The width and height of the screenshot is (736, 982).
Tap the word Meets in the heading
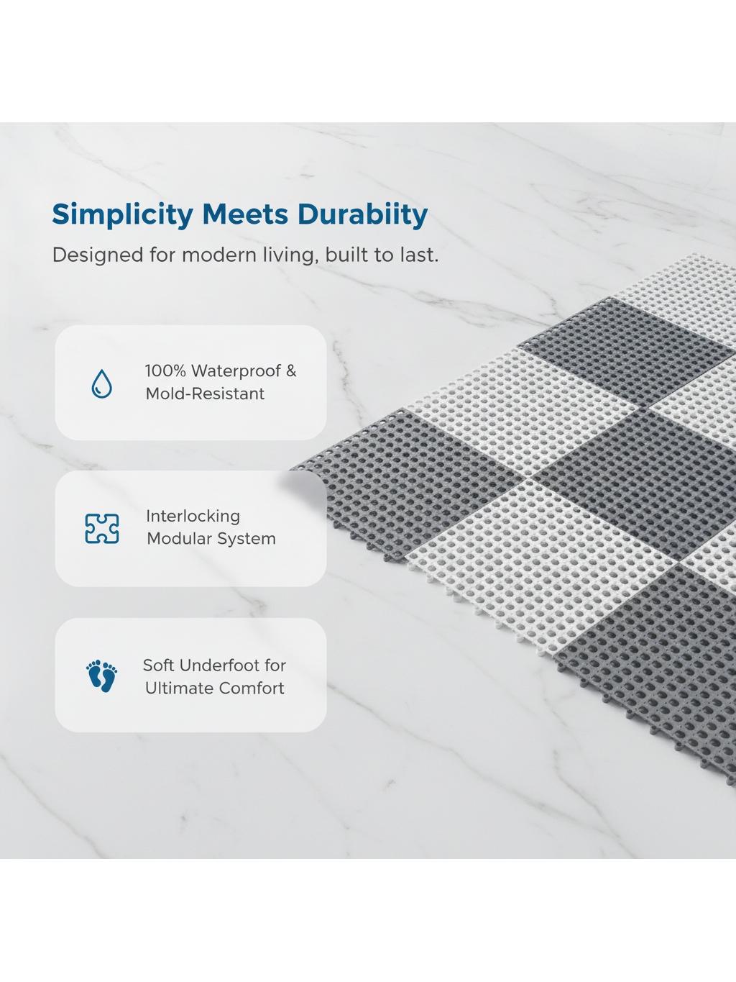point(245,214)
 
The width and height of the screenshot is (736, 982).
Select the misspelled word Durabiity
point(362,215)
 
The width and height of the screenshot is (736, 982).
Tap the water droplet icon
point(101,383)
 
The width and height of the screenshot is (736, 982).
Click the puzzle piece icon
point(102,528)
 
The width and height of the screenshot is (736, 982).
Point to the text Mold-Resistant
point(205,394)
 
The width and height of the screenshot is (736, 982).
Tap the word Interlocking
point(193,517)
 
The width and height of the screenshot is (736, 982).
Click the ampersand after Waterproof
point(291,371)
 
